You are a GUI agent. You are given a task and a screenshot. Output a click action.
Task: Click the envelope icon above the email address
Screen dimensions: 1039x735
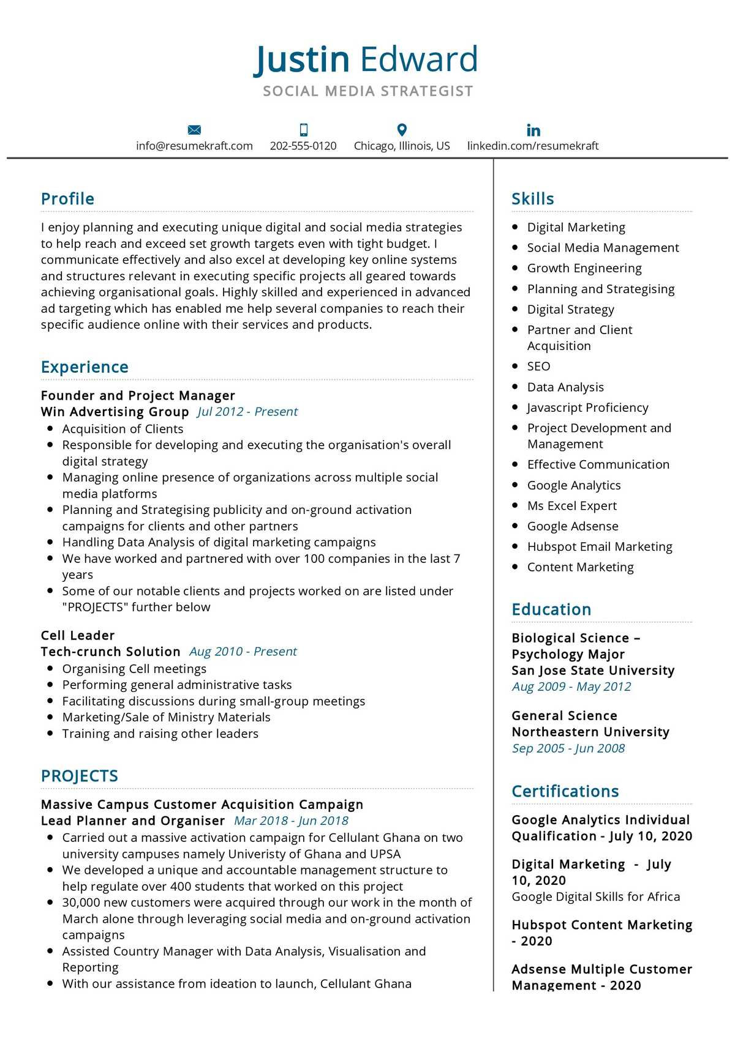tap(194, 130)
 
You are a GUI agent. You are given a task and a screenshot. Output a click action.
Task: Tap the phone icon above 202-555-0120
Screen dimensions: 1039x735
tap(303, 130)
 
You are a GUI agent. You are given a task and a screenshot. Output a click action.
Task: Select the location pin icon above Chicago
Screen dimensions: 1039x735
tap(402, 130)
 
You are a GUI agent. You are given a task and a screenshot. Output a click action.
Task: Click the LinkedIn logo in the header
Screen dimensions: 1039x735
tap(533, 130)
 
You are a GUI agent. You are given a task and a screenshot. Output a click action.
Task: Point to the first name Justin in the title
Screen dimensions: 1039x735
tap(301, 59)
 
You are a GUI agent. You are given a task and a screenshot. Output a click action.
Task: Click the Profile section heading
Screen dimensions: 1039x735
tap(67, 199)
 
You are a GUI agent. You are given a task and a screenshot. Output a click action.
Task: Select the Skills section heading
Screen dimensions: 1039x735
tap(532, 199)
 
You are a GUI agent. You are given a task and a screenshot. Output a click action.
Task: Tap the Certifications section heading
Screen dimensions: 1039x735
tap(565, 791)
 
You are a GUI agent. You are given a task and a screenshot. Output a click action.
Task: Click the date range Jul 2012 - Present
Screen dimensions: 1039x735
tap(247, 412)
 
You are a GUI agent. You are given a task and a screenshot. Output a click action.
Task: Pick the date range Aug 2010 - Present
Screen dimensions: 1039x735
tap(243, 652)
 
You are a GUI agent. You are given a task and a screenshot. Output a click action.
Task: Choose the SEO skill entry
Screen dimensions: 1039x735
tap(538, 367)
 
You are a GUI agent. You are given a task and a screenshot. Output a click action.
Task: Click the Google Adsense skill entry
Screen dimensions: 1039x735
tap(572, 526)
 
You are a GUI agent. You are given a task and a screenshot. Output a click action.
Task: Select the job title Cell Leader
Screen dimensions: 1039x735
tap(78, 636)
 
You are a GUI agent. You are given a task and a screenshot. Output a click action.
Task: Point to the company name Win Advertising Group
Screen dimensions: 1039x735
tap(115, 412)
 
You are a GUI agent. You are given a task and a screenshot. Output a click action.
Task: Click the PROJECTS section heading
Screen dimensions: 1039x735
tap(79, 776)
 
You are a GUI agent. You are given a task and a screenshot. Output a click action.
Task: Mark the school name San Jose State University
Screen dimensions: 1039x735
tap(592, 671)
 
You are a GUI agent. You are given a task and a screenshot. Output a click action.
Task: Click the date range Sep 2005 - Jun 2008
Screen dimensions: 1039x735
tap(568, 748)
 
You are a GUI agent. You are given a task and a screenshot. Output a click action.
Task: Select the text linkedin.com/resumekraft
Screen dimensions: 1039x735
tap(533, 146)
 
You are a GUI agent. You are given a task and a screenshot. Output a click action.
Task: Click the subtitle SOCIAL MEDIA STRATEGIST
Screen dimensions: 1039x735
tap(367, 91)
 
